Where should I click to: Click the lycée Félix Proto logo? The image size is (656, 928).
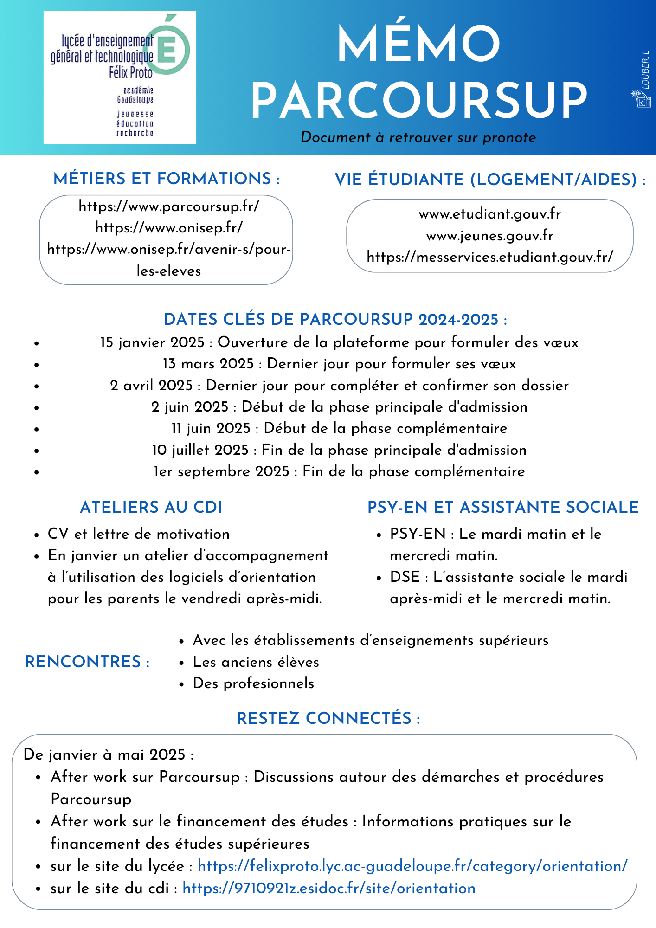pos(120,77)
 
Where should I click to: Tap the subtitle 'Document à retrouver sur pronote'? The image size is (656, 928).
pos(418,137)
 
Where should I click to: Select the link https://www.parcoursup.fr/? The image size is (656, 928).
pos(169,206)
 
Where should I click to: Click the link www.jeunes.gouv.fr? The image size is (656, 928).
pos(489,236)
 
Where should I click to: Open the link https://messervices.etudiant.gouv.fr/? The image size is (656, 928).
pos(490,257)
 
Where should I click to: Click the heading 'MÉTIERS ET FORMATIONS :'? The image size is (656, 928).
pos(167,179)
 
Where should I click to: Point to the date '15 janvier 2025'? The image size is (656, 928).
pos(153,342)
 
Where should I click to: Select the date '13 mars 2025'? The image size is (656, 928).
pos(208,364)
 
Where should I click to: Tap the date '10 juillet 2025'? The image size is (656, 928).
pos(200,450)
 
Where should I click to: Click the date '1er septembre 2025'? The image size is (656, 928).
pos(221,471)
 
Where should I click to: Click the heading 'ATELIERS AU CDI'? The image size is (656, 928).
pos(151,507)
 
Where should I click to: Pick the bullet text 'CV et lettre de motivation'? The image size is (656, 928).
pos(139,534)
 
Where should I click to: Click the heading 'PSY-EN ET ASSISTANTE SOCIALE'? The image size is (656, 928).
pos(503,507)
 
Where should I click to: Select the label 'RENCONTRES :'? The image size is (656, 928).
pos(87,662)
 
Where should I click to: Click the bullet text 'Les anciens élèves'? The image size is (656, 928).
pos(256,662)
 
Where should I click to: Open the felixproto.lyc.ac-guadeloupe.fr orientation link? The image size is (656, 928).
pos(412,866)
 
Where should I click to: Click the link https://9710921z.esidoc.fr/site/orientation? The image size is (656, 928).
pos(329,889)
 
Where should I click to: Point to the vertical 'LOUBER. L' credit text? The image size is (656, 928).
pos(645,70)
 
